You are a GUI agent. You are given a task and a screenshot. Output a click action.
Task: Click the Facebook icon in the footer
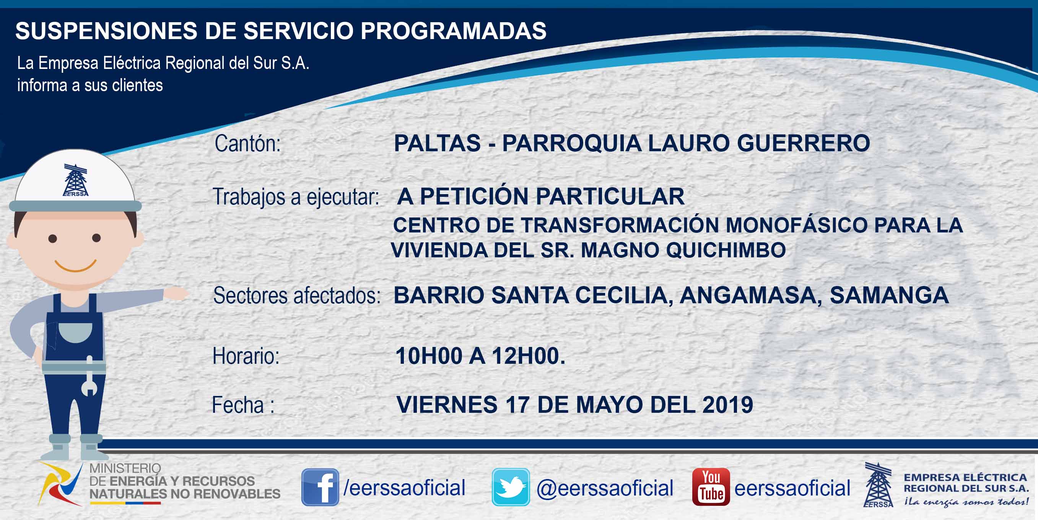321,487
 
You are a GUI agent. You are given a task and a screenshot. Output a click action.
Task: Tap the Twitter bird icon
511,487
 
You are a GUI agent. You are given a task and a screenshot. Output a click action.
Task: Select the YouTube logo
711,487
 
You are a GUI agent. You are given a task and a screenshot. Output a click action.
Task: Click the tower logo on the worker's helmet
75,180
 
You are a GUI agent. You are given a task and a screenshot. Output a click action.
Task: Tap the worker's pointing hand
176,293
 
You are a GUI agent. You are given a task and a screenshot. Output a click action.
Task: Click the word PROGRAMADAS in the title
453,31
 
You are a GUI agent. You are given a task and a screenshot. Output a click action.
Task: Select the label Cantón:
247,144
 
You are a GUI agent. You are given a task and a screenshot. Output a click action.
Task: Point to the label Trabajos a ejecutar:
296,197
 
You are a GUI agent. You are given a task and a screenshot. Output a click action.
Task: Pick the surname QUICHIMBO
726,250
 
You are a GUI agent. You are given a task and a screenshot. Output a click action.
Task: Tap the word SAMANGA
889,295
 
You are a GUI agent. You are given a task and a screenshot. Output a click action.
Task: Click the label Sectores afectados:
296,295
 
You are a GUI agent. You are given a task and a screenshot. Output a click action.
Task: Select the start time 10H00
429,356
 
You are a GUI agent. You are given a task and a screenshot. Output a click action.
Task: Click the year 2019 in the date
727,405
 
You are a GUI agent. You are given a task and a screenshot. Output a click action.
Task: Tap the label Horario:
246,356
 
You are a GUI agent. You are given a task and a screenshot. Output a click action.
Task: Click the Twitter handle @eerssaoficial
605,488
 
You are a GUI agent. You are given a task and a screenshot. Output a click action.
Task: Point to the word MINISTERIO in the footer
125,468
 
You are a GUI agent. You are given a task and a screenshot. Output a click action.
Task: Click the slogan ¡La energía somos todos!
966,502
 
